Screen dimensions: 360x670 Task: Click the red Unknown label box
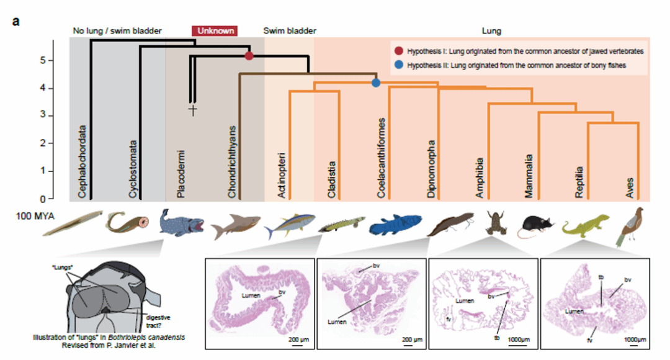(215, 30)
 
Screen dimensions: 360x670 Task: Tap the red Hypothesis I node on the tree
(249, 56)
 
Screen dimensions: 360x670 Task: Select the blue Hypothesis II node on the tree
(376, 83)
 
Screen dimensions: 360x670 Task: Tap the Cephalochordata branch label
(83, 162)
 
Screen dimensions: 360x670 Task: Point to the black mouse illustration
(535, 227)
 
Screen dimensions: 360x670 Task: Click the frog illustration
(495, 223)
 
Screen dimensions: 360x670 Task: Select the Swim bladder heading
(290, 30)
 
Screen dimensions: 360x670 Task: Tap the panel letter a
(16, 20)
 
